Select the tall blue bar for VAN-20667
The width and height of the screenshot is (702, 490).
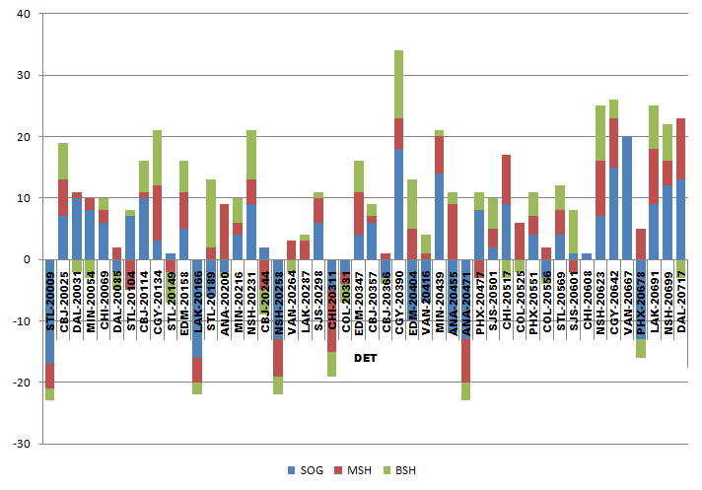tap(626, 197)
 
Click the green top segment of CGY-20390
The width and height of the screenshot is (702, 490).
tap(398, 85)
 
